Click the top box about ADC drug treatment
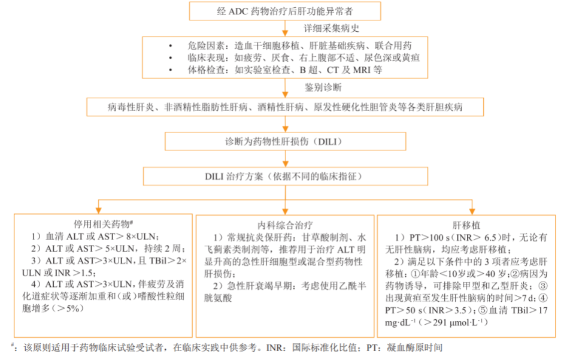(284, 11)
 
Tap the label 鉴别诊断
(322, 87)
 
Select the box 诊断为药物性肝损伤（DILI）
(284, 142)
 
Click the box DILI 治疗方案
(284, 177)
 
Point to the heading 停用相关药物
(102, 223)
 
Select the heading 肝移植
(465, 225)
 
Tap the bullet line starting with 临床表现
(293, 58)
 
